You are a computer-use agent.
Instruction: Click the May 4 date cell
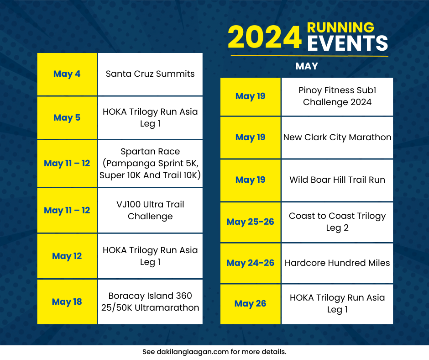[x=67, y=74]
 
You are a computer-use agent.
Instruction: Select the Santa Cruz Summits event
[x=150, y=74]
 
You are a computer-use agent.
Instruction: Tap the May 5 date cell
[x=67, y=118]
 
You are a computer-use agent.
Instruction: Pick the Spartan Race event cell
[x=150, y=163]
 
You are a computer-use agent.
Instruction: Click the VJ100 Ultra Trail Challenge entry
[x=150, y=210]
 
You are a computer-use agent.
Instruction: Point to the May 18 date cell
[x=67, y=302]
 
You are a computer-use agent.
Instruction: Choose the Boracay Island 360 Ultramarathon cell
[x=150, y=302]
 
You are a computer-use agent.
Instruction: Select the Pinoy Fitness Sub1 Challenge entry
[x=337, y=96]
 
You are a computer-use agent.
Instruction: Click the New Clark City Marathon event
[x=337, y=138]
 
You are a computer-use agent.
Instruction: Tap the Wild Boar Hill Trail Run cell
[x=337, y=180]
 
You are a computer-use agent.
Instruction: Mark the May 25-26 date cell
[x=250, y=222]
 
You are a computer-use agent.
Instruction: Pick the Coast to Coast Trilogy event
[x=337, y=222]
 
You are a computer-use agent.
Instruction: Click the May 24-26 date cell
[x=250, y=263]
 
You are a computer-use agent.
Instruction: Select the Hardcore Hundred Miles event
[x=337, y=263]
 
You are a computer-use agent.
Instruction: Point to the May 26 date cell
[x=250, y=304]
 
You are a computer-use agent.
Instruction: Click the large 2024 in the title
[x=265, y=37]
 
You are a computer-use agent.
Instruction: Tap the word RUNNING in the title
[x=340, y=27]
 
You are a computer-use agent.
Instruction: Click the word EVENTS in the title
[x=347, y=44]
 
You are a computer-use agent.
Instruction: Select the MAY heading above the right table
[x=307, y=67]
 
